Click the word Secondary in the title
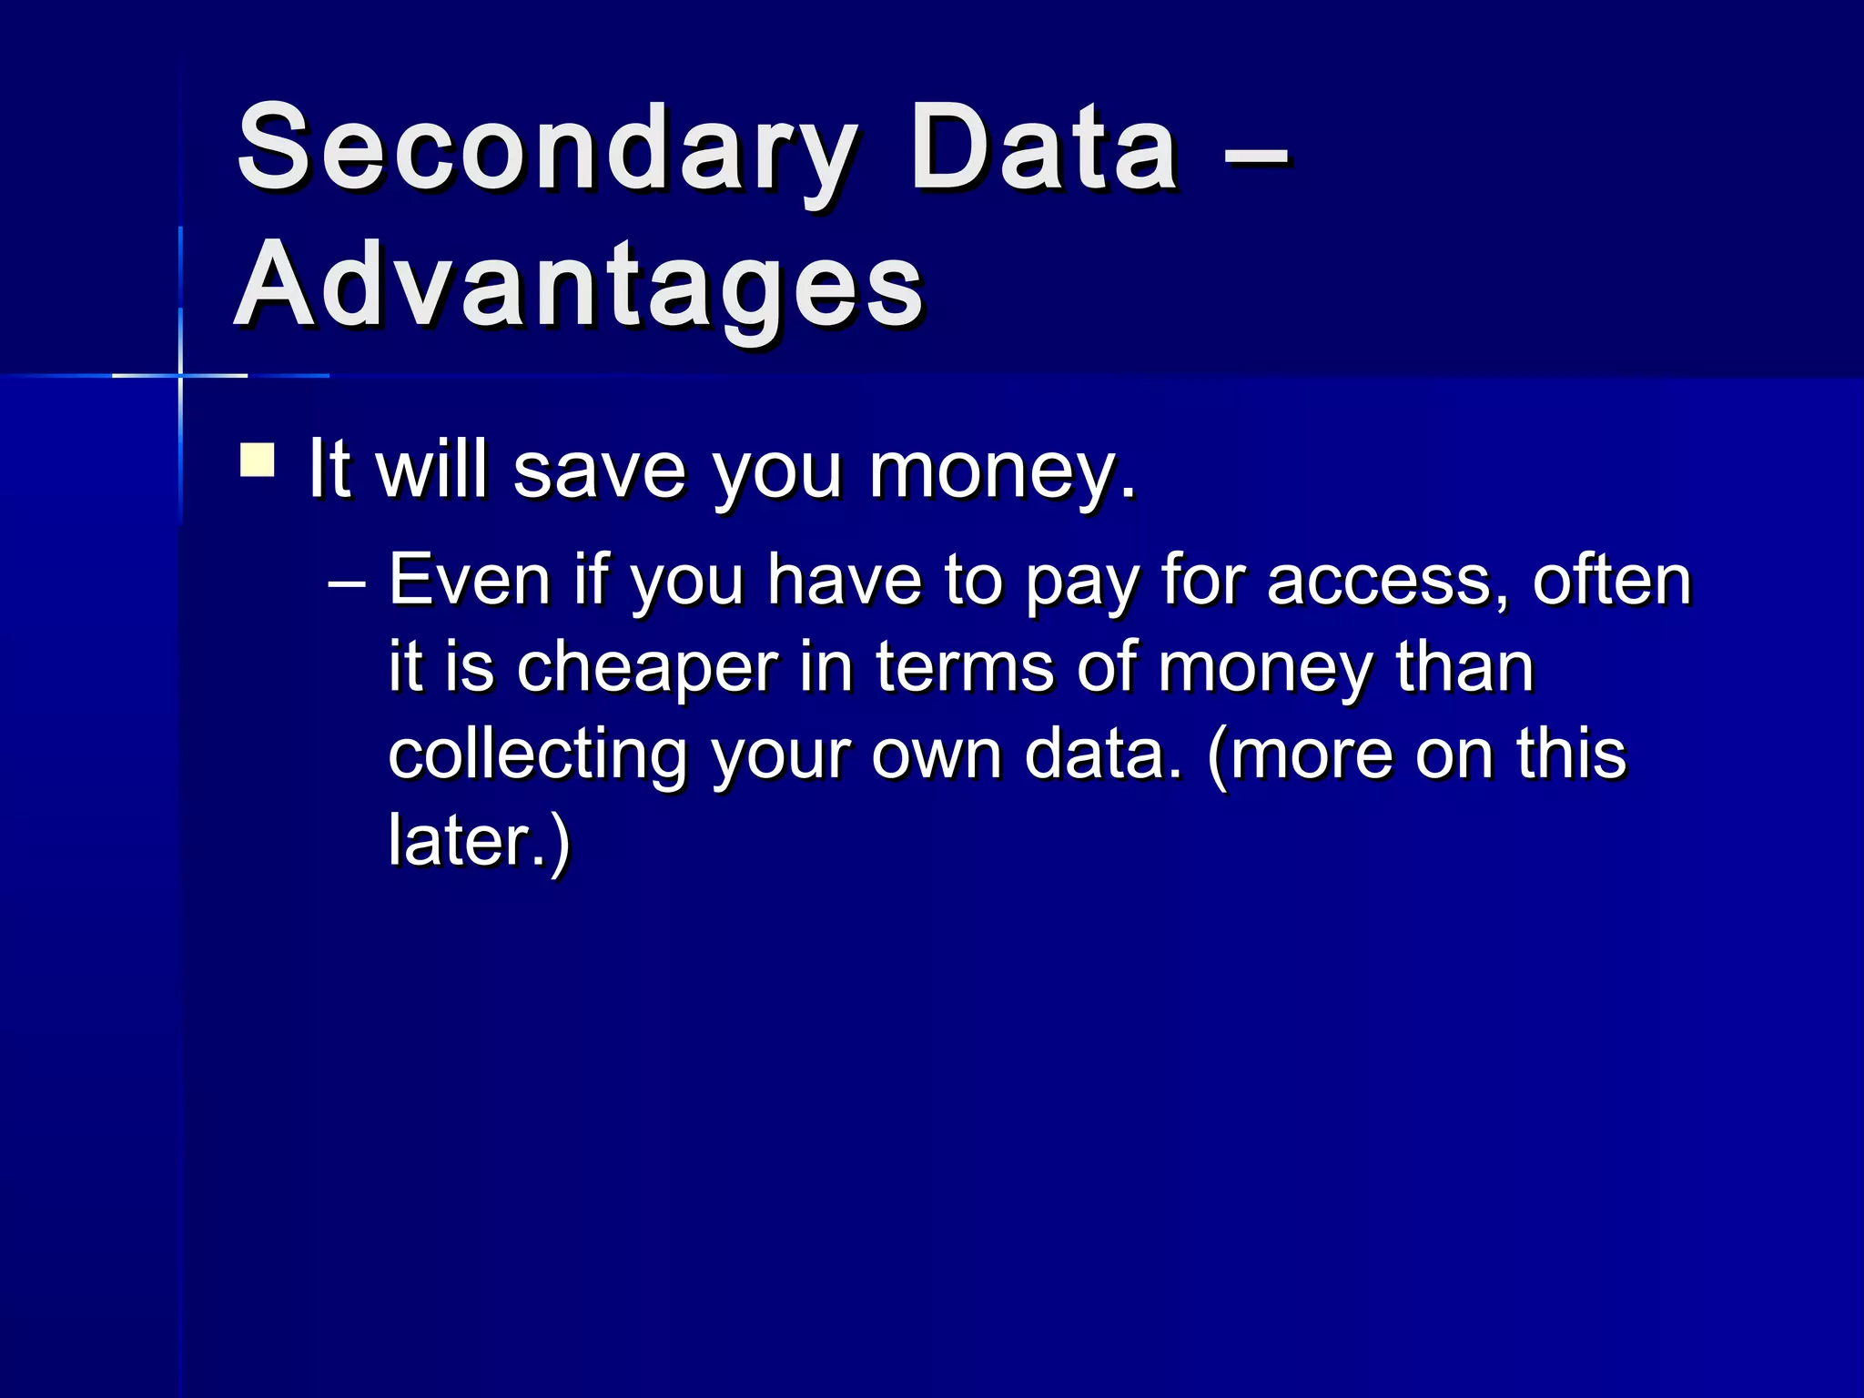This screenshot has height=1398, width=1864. (x=546, y=150)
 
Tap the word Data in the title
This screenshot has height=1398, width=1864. (x=1044, y=150)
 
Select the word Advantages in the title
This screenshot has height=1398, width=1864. (x=580, y=287)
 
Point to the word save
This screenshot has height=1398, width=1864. (x=599, y=471)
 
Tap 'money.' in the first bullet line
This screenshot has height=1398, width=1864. (x=1002, y=471)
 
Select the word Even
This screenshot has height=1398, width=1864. (x=470, y=581)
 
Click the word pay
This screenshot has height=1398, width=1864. (x=1082, y=582)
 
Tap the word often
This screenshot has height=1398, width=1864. (x=1612, y=581)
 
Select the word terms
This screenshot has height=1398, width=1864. (x=965, y=667)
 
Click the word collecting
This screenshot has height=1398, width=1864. (x=537, y=755)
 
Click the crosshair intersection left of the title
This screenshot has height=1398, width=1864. (x=180, y=375)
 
